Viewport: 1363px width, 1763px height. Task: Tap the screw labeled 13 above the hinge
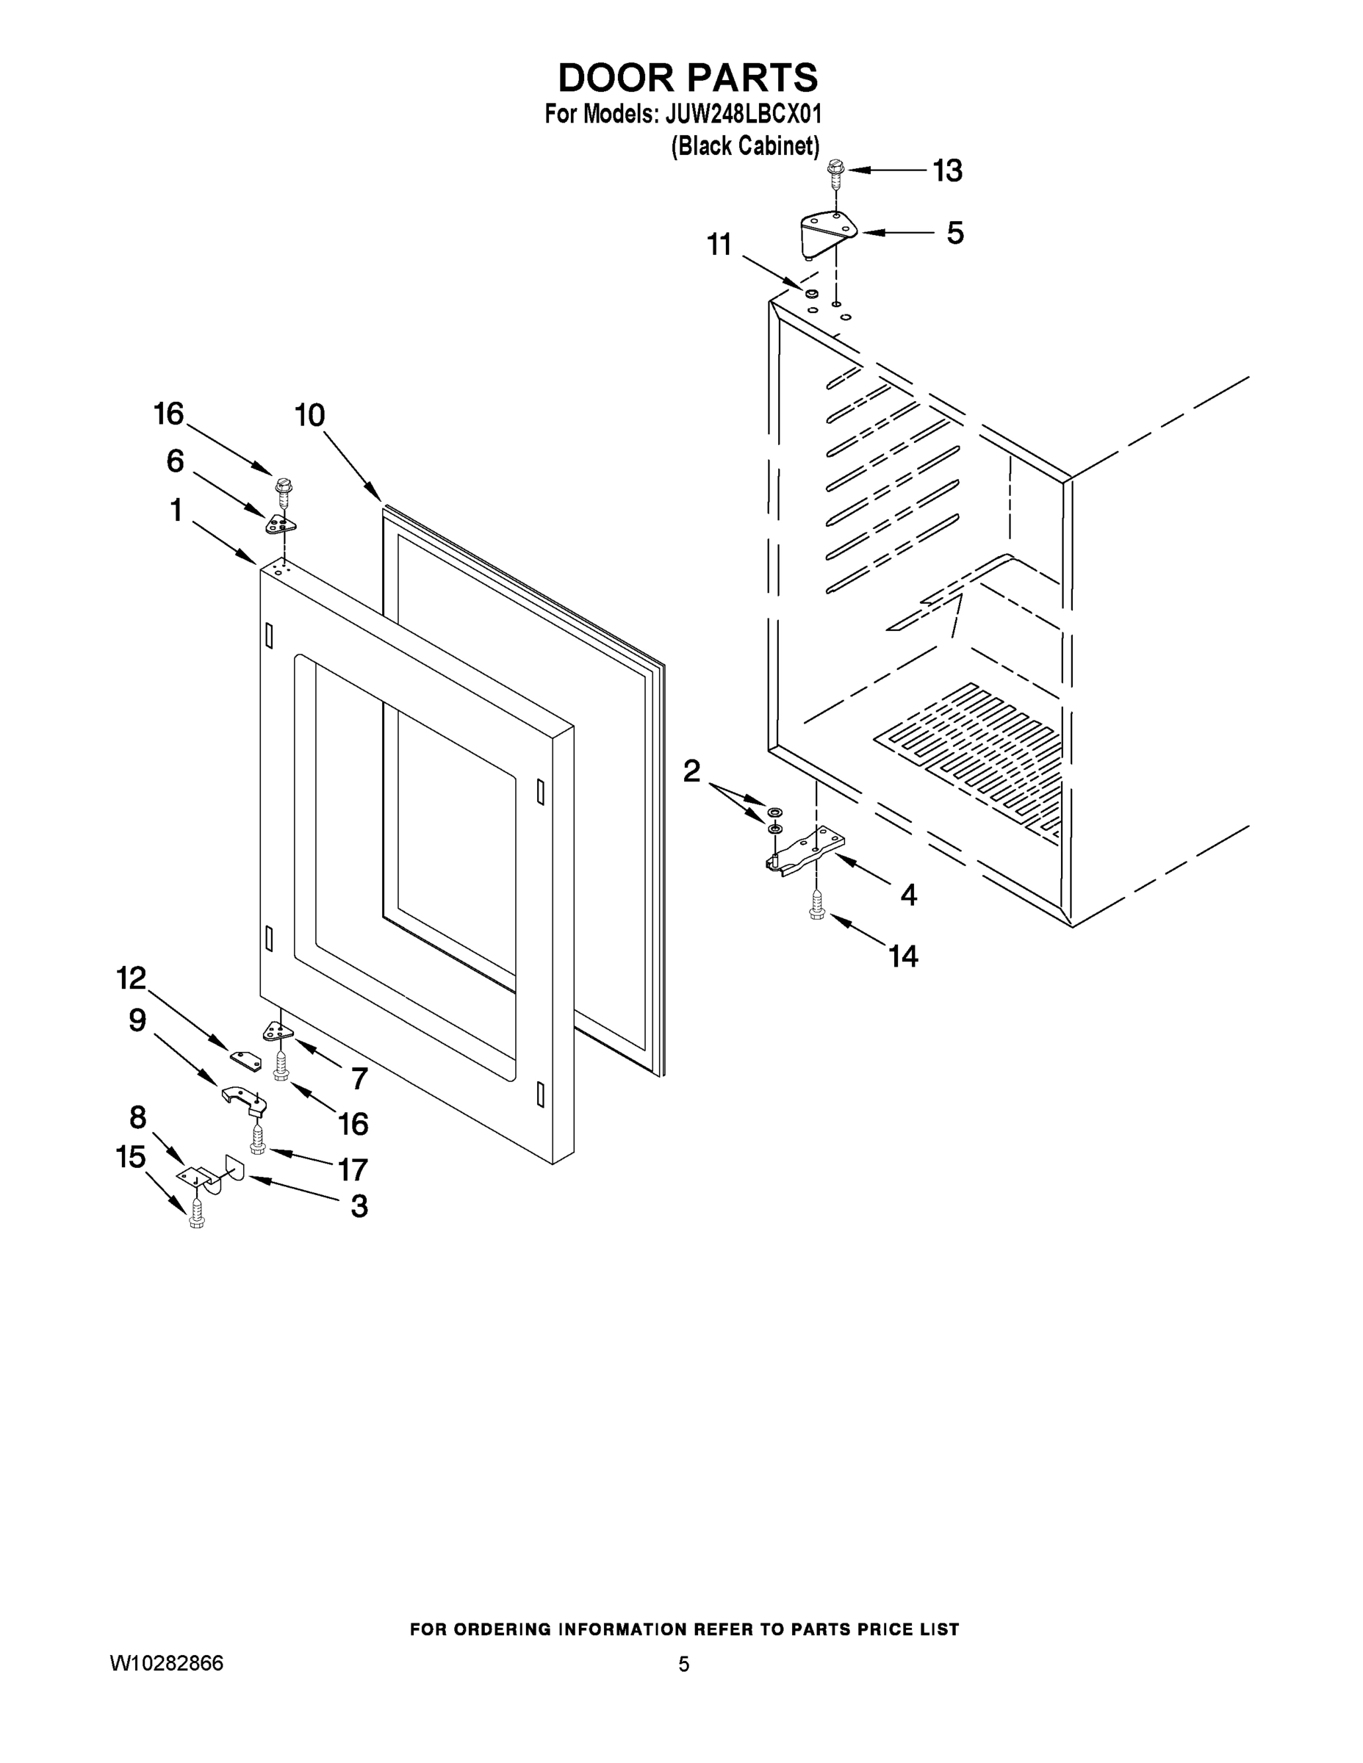click(x=835, y=173)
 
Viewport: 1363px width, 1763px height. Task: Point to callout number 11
click(x=719, y=244)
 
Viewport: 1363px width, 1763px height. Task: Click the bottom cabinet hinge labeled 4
click(x=808, y=851)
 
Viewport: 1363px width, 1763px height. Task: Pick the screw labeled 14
click(x=816, y=904)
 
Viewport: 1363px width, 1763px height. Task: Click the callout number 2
click(x=692, y=771)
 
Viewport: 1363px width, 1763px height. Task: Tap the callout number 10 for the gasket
click(x=309, y=416)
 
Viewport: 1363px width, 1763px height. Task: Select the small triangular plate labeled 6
click(x=280, y=524)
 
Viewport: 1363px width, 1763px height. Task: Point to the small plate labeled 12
click(x=246, y=1060)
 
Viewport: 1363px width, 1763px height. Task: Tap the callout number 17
click(x=353, y=1169)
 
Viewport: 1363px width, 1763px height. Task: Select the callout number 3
click(x=359, y=1206)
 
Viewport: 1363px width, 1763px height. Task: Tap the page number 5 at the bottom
click(x=683, y=1664)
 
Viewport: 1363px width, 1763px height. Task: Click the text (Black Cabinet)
click(x=745, y=146)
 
